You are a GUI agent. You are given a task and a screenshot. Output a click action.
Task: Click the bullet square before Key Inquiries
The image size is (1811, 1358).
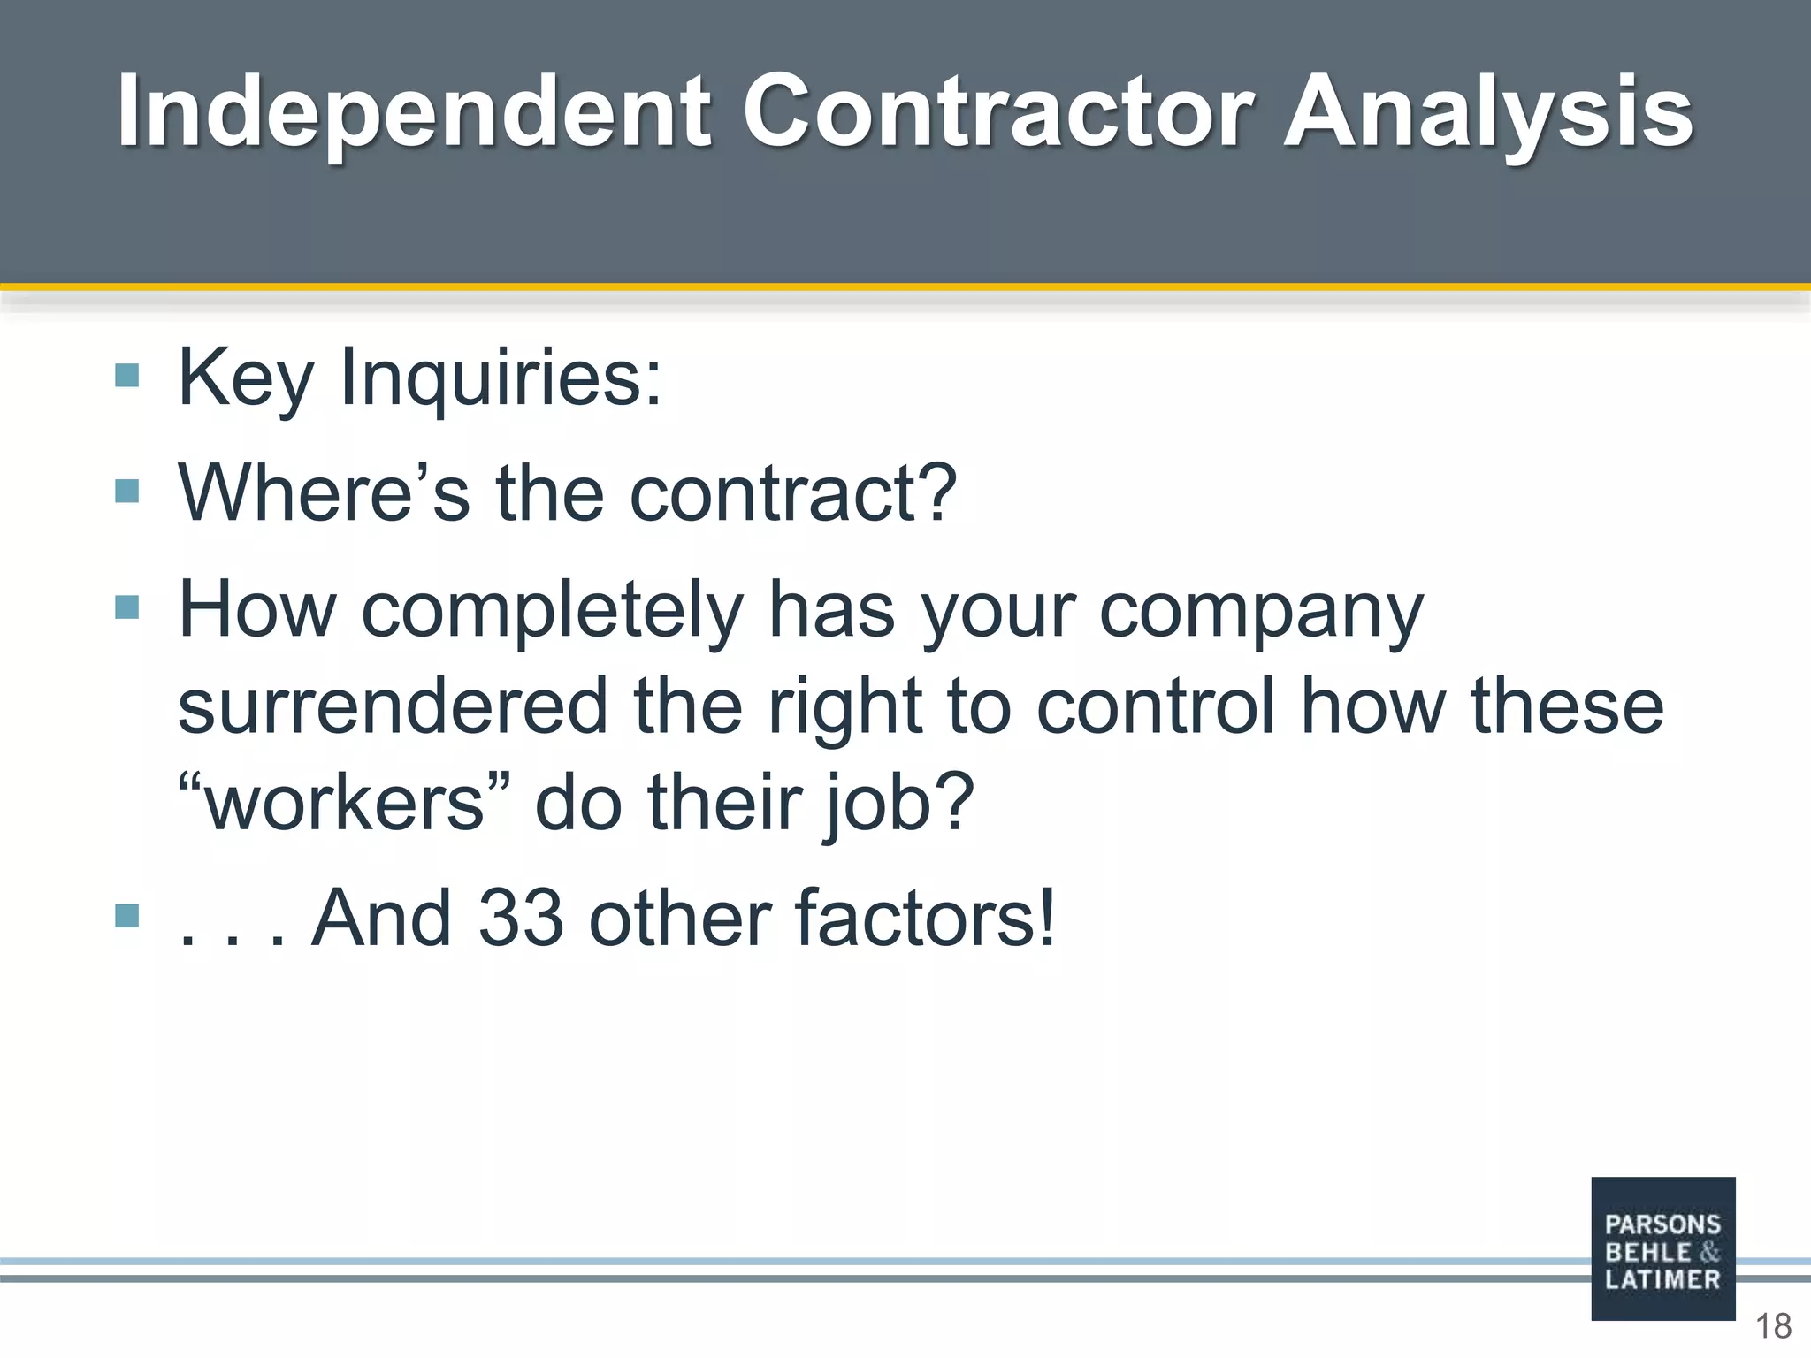127,377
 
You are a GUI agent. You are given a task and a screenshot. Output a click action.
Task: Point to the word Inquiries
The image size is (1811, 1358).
501,378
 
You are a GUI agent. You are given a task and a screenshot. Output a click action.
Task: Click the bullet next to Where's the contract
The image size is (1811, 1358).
127,491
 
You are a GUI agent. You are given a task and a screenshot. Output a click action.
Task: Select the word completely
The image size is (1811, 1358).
553,610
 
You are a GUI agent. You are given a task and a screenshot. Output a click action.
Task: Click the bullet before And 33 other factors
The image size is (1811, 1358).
127,915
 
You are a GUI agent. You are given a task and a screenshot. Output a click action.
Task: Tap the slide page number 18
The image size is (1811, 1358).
1773,1326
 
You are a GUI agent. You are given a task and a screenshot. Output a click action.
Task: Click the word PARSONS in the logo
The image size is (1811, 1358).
1662,1224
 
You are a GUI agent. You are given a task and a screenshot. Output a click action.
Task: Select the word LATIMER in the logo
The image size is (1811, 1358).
1662,1279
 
